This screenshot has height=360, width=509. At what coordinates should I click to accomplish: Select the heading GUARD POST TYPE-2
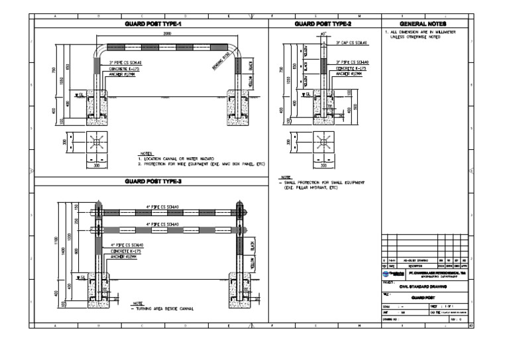tap(323, 23)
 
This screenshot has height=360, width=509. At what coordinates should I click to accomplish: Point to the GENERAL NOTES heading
tap(427, 23)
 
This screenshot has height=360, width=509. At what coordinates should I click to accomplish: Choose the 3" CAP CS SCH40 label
tap(352, 42)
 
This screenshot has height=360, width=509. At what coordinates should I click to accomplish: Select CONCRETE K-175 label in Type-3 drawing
tap(125, 251)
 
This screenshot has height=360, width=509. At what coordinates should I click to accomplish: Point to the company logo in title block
tap(391, 272)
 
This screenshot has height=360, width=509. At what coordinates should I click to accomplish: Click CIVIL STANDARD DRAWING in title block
tap(427, 286)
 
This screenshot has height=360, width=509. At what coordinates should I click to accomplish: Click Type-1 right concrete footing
tap(238, 109)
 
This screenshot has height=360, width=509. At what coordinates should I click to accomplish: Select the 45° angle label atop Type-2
tap(323, 34)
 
